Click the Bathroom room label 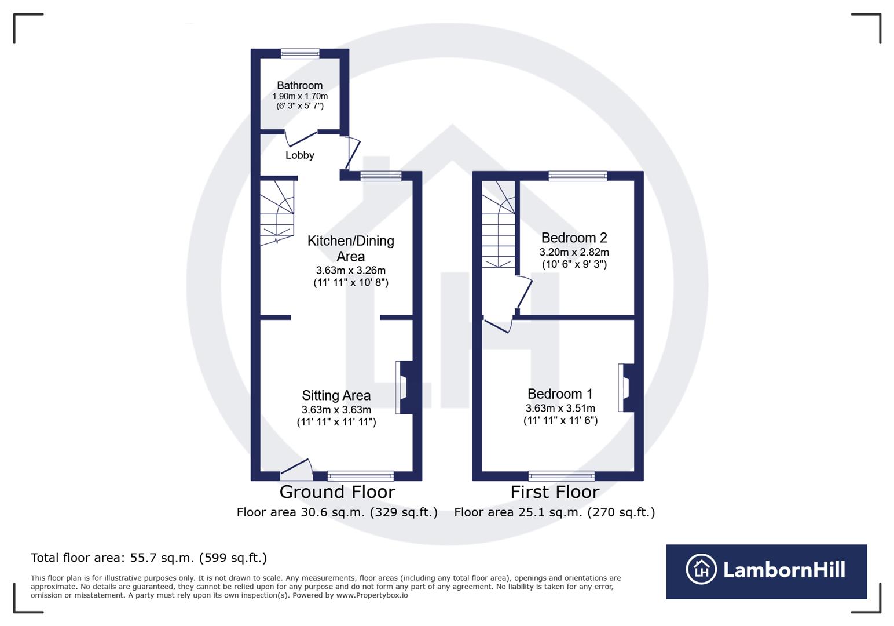pyautogui.click(x=299, y=86)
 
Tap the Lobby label pyautogui.click(x=299, y=155)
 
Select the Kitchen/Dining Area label pyautogui.click(x=350, y=248)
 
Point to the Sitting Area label pyautogui.click(x=336, y=395)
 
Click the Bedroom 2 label pyautogui.click(x=574, y=238)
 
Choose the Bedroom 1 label pyautogui.click(x=560, y=394)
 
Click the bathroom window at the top pyautogui.click(x=300, y=54)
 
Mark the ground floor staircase pyautogui.click(x=277, y=212)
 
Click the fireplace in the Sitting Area pyautogui.click(x=403, y=387)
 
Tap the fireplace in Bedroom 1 pyautogui.click(x=625, y=387)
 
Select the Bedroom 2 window pyautogui.click(x=577, y=176)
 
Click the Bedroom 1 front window pyautogui.click(x=561, y=476)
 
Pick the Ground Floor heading pyautogui.click(x=337, y=492)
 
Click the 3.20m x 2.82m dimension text pyautogui.click(x=574, y=252)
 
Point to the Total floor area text pyautogui.click(x=149, y=558)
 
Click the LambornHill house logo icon pyautogui.click(x=701, y=569)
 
